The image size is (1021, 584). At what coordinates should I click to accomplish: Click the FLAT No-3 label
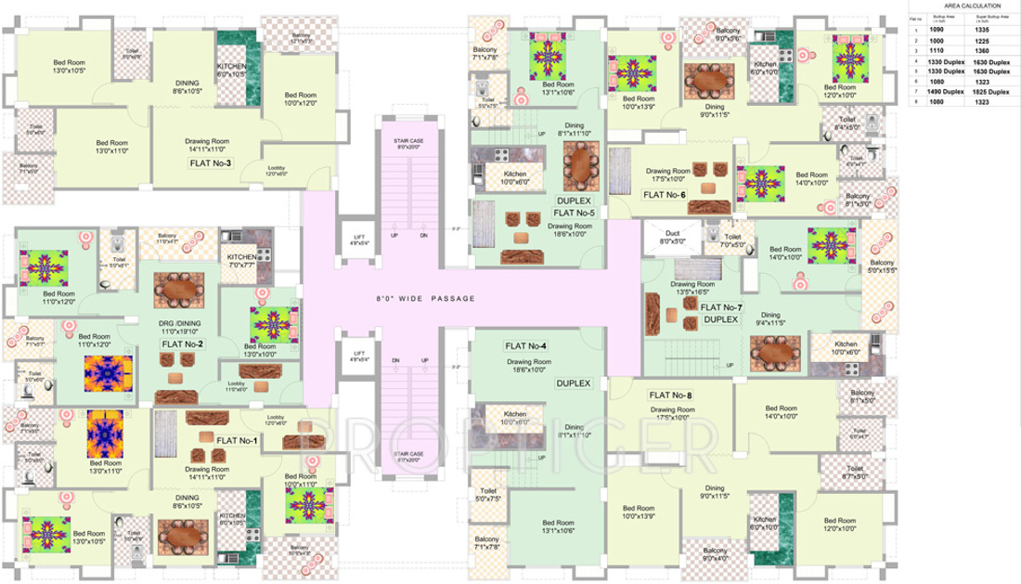[x=210, y=162]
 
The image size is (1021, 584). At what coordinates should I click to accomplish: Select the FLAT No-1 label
[x=236, y=439]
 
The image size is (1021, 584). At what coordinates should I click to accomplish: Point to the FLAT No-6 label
[x=663, y=195]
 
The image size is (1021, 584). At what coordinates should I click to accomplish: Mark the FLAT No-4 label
[x=525, y=346]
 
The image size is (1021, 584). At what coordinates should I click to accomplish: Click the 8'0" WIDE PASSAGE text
[x=425, y=299]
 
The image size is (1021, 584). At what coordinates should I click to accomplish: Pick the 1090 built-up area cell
[x=937, y=31]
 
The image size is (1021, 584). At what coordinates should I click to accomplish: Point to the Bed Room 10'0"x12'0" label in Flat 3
[x=301, y=99]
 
